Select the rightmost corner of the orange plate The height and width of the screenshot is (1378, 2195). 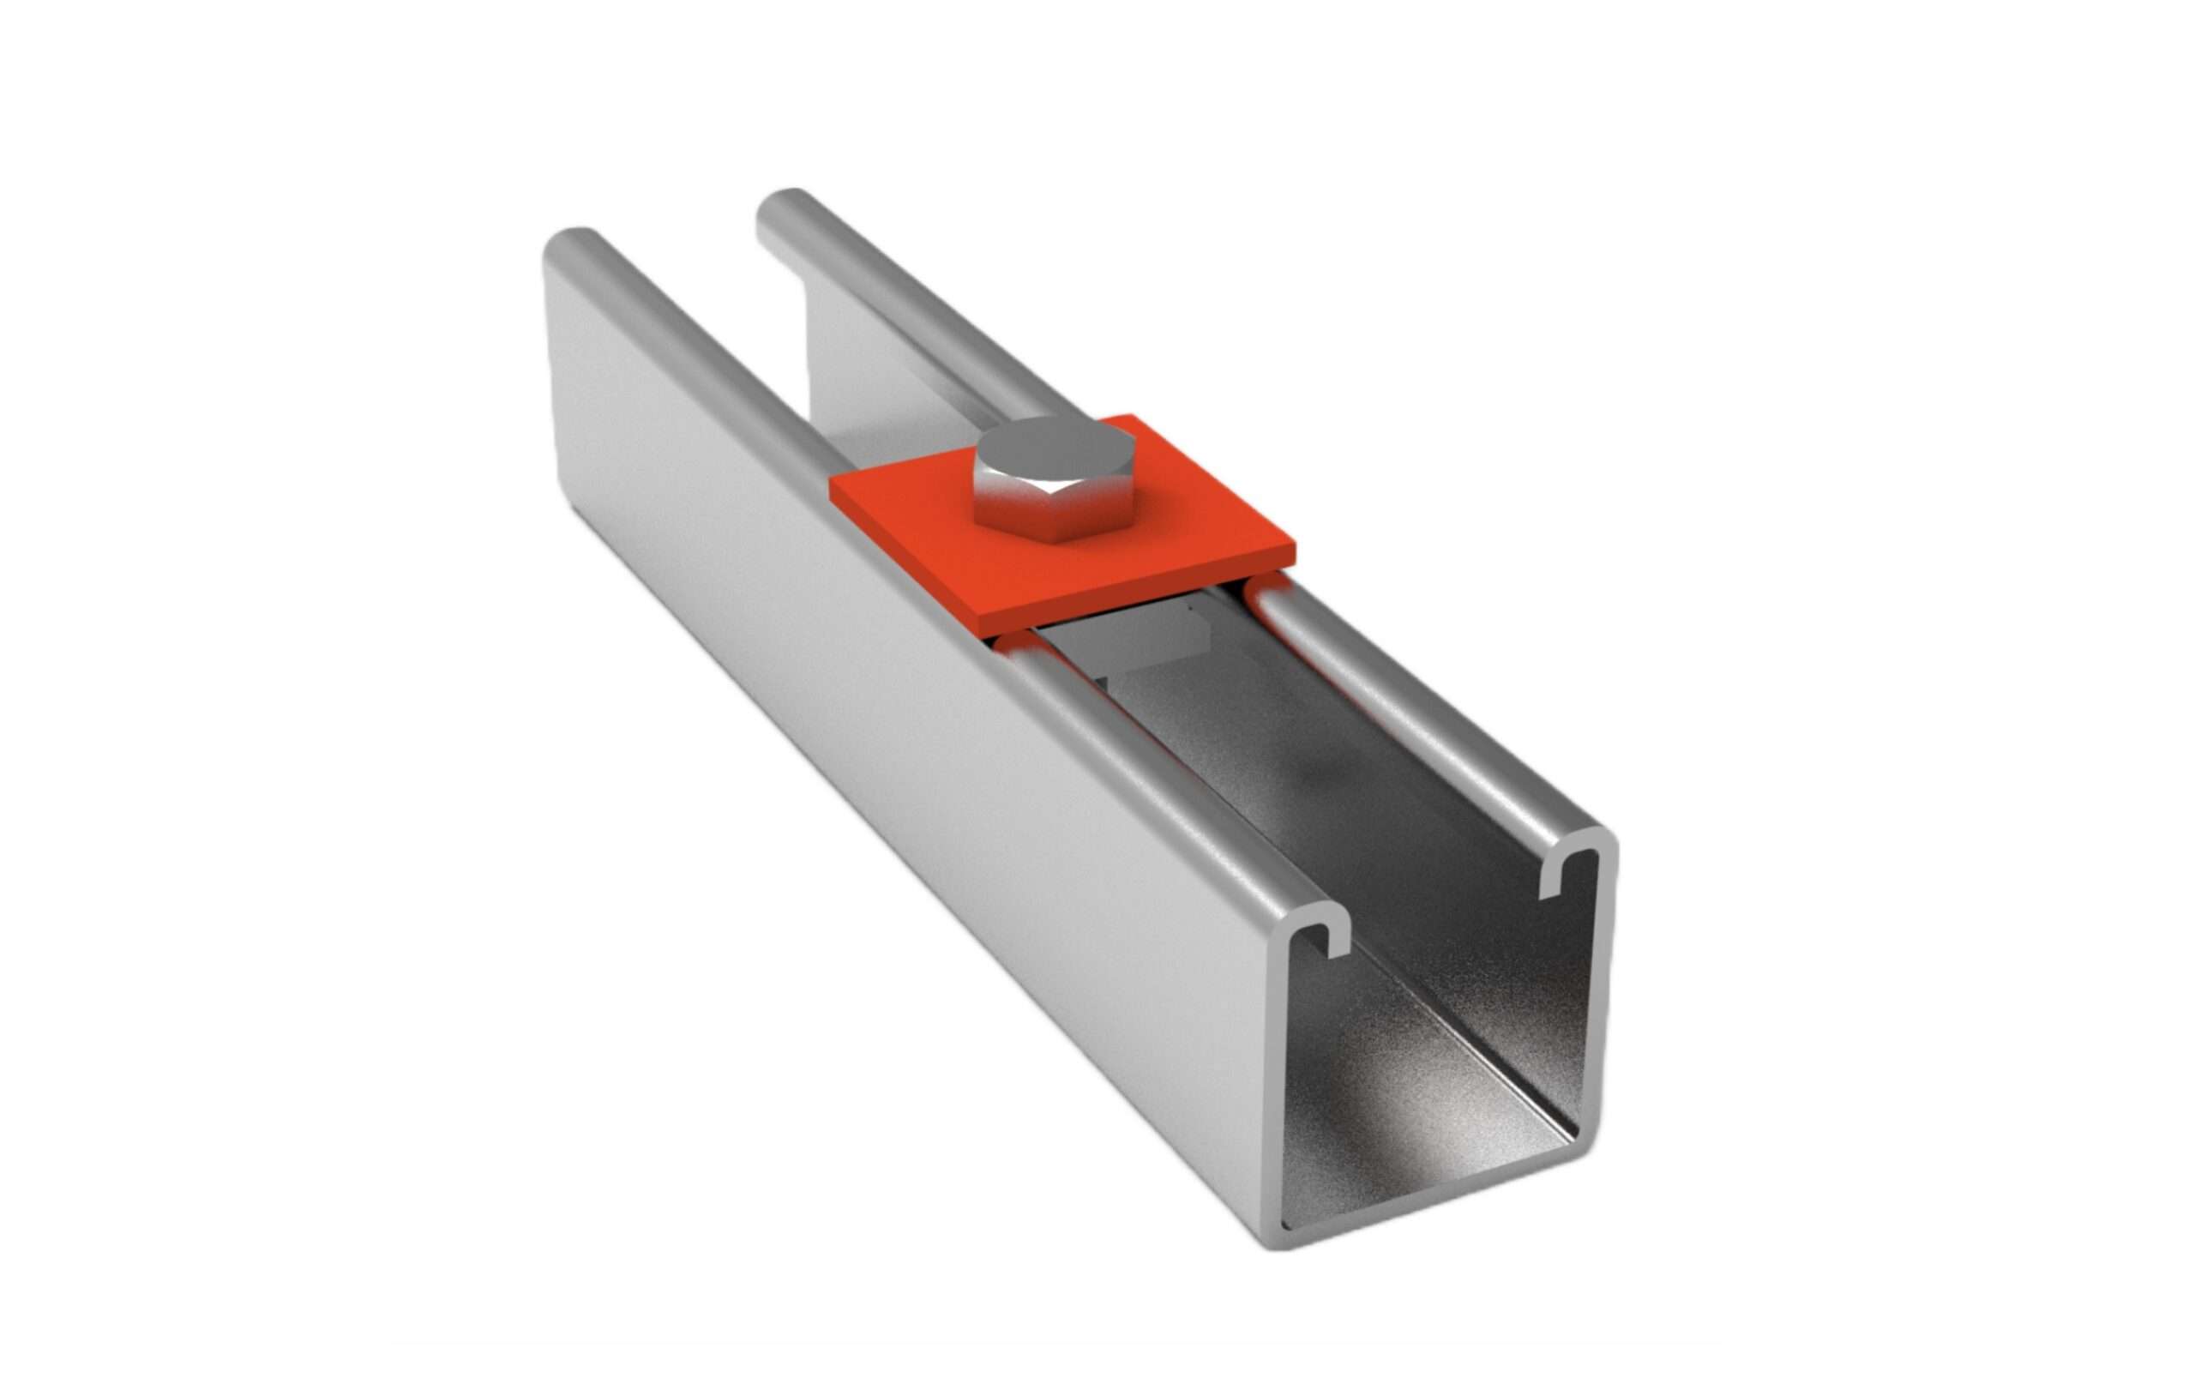coord(1294,551)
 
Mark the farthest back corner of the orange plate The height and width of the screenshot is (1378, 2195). coord(1131,417)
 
